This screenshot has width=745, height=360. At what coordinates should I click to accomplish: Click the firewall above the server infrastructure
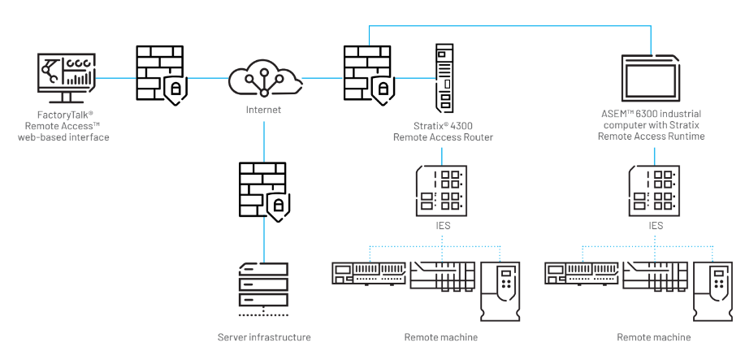[262, 192]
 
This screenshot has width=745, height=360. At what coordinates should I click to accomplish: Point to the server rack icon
[262, 288]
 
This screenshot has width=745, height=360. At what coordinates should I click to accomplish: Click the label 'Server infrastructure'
[264, 336]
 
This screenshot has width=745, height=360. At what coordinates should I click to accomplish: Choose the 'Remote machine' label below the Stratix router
[441, 336]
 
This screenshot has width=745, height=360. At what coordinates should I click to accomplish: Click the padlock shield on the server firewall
[278, 205]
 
